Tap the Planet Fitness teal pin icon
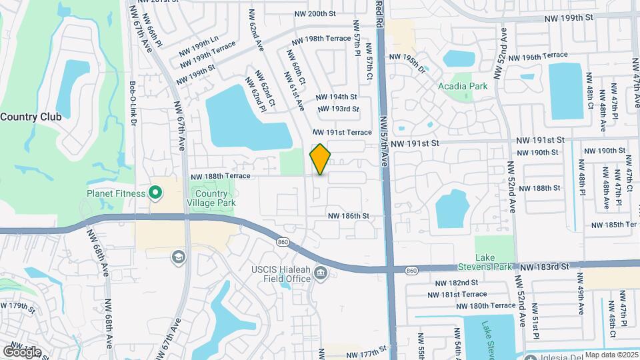click(155, 193)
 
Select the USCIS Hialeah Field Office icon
click(321, 273)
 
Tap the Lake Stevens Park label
click(494, 262)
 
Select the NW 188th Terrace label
click(221, 176)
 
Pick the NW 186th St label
click(348, 216)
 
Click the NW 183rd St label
click(545, 266)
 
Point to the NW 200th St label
click(315, 13)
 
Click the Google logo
click(22, 351)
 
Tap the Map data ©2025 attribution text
click(611, 355)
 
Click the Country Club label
click(31, 117)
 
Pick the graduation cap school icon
click(178, 257)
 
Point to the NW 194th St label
click(337, 97)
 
